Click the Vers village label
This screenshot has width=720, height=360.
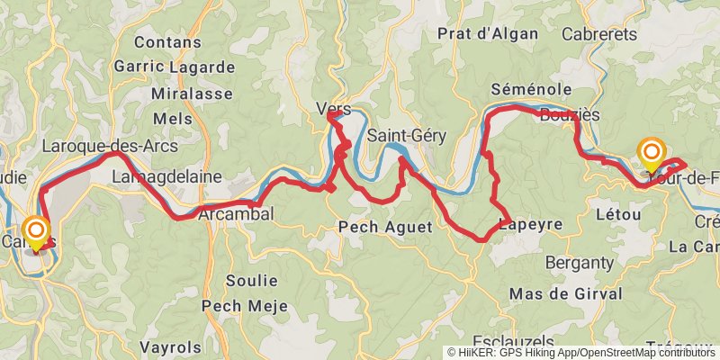point(333,109)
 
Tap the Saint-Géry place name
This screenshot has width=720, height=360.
point(402,136)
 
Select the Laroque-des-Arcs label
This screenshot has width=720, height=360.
point(110,146)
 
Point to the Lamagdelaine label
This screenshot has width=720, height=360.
point(166,177)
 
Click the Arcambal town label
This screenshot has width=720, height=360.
point(235,214)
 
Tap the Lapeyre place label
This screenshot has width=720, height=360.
point(532,224)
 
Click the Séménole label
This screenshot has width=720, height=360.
point(532,89)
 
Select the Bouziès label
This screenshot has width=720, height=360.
point(571,114)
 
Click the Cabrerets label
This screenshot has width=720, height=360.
point(598,34)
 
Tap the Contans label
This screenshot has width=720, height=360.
point(163,41)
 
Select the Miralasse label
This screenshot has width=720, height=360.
point(179,94)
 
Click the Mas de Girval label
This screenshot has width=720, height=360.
point(565,294)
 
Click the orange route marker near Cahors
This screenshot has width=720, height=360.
point(37,232)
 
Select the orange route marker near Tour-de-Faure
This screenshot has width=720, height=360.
point(651,154)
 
